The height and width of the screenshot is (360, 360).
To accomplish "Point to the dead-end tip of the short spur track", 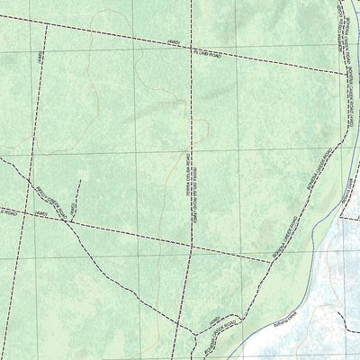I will coord(80,181).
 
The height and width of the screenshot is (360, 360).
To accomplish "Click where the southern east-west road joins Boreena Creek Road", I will coord(271,261).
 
